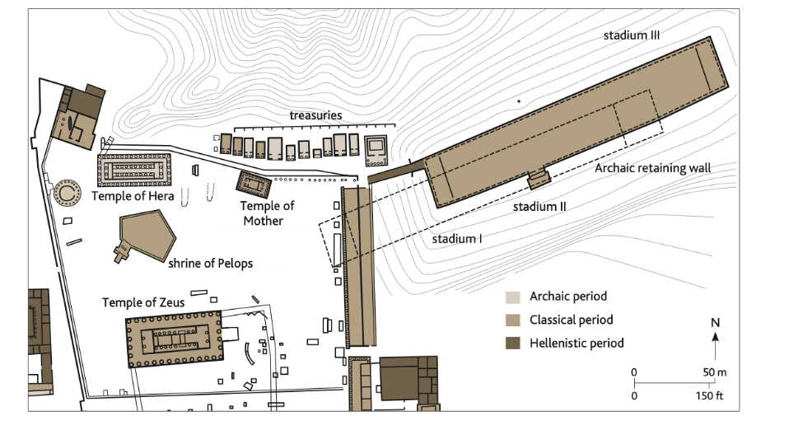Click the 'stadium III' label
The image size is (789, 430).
pyautogui.click(x=632, y=35)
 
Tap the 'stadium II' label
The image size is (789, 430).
pyautogui.click(x=539, y=207)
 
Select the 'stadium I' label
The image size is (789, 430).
pyautogui.click(x=457, y=239)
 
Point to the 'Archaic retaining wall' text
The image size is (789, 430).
pyautogui.click(x=652, y=168)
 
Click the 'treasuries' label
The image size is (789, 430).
pyautogui.click(x=315, y=115)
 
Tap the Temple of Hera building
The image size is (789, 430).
pyautogui.click(x=134, y=171)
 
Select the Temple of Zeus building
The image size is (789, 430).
pyautogui.click(x=174, y=339)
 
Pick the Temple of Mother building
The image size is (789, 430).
pyautogui.click(x=254, y=185)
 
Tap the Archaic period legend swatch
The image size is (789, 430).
pyautogui.click(x=513, y=297)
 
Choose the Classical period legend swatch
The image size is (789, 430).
pyautogui.click(x=513, y=320)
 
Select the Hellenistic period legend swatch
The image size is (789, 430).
pyautogui.click(x=513, y=344)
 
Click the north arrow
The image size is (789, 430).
pyautogui.click(x=715, y=347)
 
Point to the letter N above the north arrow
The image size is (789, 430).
pyautogui.click(x=715, y=323)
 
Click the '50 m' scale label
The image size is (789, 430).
pyautogui.click(x=715, y=372)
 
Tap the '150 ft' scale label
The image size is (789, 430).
pyautogui.click(x=709, y=395)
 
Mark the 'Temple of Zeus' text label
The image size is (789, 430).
pyautogui.click(x=143, y=302)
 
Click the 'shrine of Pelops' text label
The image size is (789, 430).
pyautogui.click(x=210, y=264)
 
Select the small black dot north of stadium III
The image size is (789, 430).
pyautogui.click(x=519, y=101)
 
